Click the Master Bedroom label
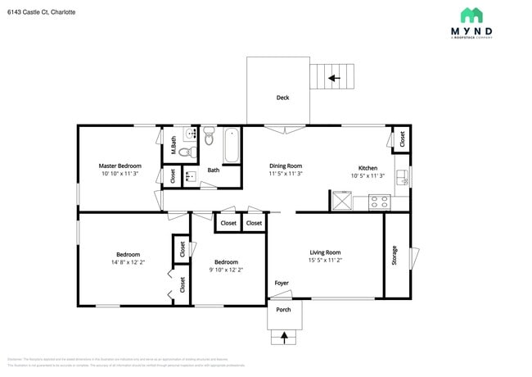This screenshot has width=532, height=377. [120, 166]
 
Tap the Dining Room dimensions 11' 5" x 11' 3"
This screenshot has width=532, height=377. [286, 174]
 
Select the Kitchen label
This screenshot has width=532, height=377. [364, 167]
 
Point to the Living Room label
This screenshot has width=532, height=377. [325, 252]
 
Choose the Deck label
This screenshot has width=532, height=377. [282, 98]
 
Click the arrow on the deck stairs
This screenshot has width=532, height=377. [333, 79]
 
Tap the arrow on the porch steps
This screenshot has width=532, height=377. [285, 336]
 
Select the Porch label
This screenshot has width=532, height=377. [283, 310]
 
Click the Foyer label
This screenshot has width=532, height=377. [282, 283]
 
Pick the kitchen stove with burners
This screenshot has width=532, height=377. [379, 200]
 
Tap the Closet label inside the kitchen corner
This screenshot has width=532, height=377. [402, 139]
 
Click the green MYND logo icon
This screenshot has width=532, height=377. [471, 15]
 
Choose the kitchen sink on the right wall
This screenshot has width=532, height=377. [401, 177]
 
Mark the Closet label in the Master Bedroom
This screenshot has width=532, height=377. [173, 175]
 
